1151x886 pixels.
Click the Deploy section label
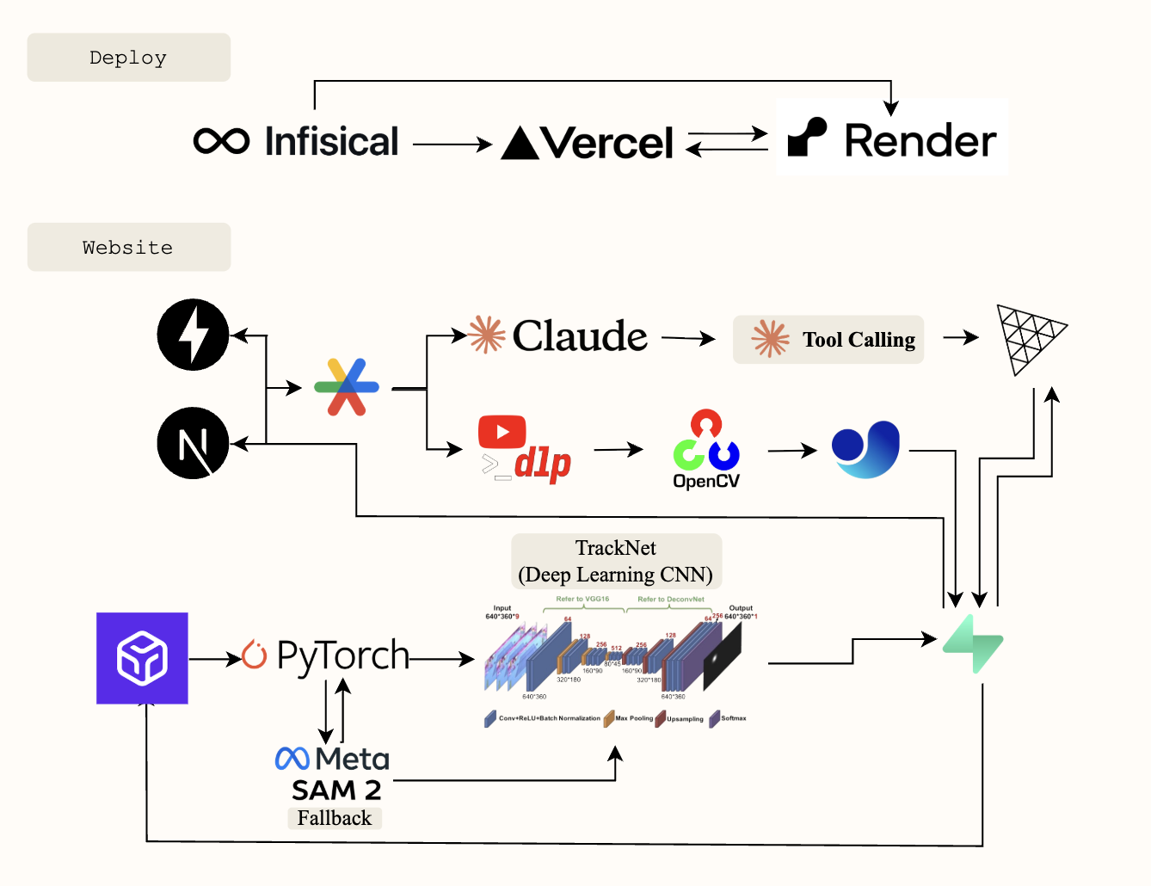tap(128, 58)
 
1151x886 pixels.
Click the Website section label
tap(128, 248)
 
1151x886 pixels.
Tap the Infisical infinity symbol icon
tap(222, 141)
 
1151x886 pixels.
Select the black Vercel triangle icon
tap(520, 144)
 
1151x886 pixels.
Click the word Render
tap(920, 141)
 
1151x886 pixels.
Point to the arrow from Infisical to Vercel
tap(452, 145)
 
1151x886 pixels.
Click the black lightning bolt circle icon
tap(194, 335)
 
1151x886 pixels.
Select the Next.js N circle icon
tap(194, 443)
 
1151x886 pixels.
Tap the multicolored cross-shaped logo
tap(347, 387)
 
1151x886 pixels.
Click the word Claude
tap(579, 335)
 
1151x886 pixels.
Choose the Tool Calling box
tap(828, 340)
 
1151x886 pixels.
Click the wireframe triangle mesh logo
tap(1029, 337)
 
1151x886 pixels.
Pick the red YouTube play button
tap(502, 432)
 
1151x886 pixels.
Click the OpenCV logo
tap(706, 449)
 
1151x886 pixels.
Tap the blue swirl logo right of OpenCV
tap(866, 449)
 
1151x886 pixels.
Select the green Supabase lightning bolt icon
tap(974, 643)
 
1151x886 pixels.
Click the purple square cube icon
tap(142, 658)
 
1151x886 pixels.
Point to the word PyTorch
tap(342, 656)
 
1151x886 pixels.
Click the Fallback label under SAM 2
tap(335, 818)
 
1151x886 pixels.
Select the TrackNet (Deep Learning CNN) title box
tap(616, 562)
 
